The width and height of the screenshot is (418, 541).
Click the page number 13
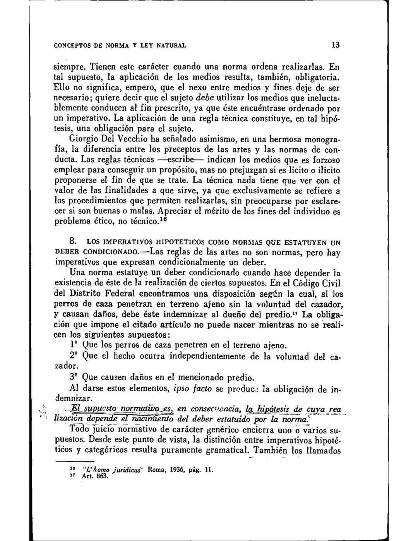336,45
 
